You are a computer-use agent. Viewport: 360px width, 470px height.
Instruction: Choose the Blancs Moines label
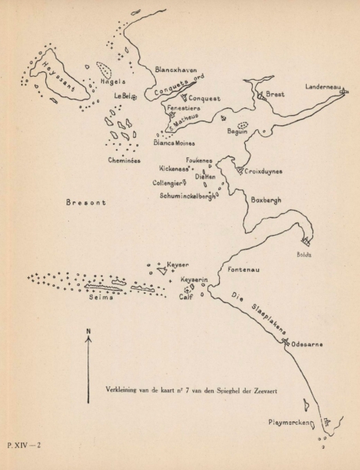coord(175,143)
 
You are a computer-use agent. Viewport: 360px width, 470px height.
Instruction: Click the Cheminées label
coord(124,160)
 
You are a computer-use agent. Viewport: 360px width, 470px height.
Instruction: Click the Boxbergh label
coord(265,200)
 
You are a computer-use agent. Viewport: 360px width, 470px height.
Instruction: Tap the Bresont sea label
coord(86,202)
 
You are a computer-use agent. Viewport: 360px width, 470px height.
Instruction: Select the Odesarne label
coord(308,344)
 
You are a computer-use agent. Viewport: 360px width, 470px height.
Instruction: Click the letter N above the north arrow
coord(88,333)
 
